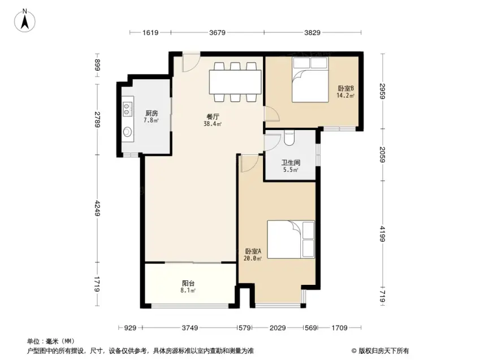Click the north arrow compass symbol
pos(25,20)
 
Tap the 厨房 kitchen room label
pos(152,113)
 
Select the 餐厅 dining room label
pos(213,116)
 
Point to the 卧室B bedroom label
pos(346,89)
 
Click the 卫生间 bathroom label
pos(291,163)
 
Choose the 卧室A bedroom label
pos(253,251)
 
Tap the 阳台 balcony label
pos(188,284)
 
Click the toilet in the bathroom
pos(289,137)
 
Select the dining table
pos(235,82)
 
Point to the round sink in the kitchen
pos(127,132)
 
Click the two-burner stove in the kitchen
pos(127,109)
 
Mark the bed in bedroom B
pos(310,79)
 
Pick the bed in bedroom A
pos(291,240)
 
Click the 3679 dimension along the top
pos(217,32)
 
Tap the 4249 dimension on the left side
pos(97,208)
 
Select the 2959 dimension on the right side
pos(382,91)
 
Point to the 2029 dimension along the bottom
pos(278,328)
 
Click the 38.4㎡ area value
pos(213,124)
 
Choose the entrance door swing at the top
pos(191,62)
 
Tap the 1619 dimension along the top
pos(150,32)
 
